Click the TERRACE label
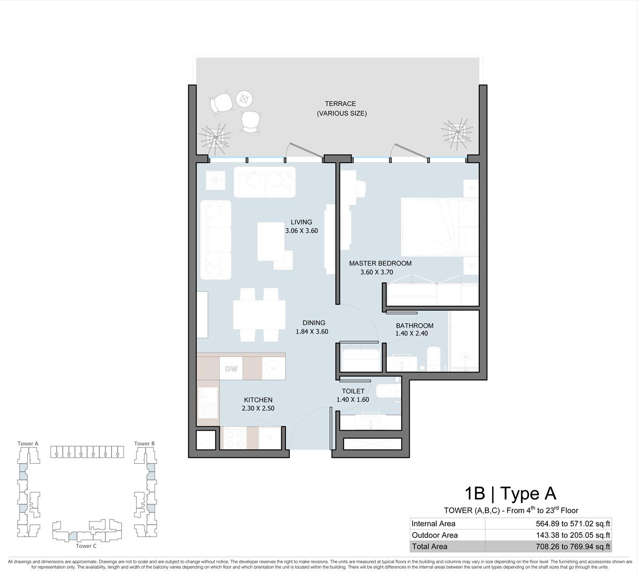340,104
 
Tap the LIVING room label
302,222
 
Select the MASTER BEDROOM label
380,264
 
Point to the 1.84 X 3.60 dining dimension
312,332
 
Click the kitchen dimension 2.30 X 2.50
258,408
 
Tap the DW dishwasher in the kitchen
231,368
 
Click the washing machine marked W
273,368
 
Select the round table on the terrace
244,99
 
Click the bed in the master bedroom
440,227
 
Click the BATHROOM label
414,326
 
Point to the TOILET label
353,391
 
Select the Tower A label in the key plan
28,444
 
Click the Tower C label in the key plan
86,546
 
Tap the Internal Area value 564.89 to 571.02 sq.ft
573,524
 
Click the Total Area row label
429,547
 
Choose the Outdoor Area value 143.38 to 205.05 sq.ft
573,535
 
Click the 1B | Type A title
510,494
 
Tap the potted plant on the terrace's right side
457,133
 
